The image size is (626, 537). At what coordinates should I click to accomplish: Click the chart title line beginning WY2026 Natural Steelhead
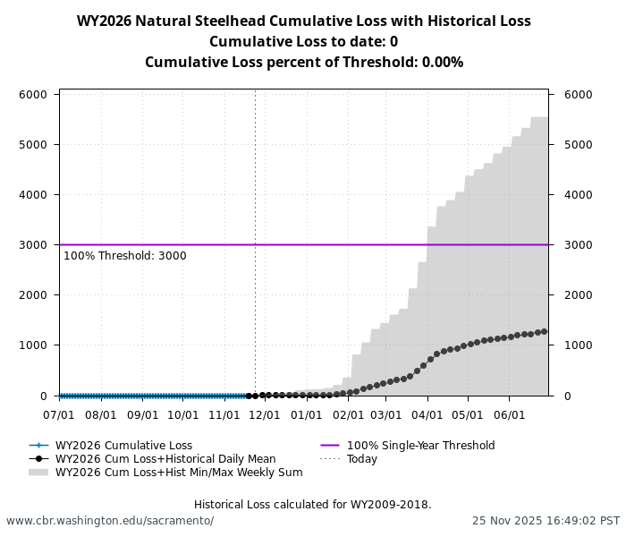[303, 21]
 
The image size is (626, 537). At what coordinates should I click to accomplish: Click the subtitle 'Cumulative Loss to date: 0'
[303, 42]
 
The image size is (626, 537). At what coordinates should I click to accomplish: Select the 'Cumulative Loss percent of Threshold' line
[303, 63]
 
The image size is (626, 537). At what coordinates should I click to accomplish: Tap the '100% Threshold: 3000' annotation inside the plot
[125, 256]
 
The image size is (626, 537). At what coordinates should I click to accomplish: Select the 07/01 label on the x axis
[59, 415]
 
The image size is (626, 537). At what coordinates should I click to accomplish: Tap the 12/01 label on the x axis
[265, 415]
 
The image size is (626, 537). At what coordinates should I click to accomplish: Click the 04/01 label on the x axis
[427, 415]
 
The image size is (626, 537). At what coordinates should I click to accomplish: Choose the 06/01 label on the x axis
[510, 415]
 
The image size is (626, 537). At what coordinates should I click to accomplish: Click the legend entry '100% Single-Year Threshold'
[420, 446]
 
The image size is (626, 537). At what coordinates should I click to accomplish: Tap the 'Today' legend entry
[362, 459]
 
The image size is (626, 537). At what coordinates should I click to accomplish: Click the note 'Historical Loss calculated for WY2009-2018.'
[312, 505]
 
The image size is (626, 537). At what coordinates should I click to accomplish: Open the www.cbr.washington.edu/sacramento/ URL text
[110, 521]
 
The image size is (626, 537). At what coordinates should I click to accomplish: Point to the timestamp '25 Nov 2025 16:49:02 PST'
[546, 521]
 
